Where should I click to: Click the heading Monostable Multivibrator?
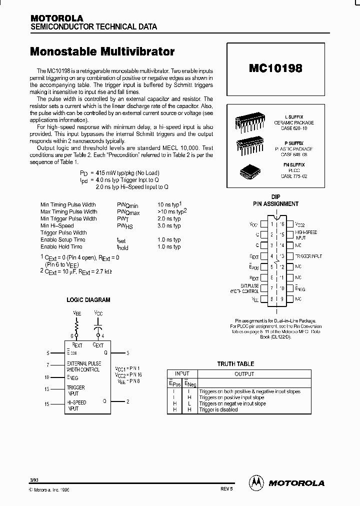pyautogui.click(x=102, y=51)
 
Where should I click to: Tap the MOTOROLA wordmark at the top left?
pyautogui.click(x=56, y=18)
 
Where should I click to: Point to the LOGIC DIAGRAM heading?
pyautogui.click(x=88, y=300)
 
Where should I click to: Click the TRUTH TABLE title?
pyautogui.click(x=235, y=364)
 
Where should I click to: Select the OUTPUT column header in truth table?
pyautogui.click(x=244, y=374)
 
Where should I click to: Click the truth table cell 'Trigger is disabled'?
pyautogui.click(x=218, y=409)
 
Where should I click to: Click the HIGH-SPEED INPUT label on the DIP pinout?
pyautogui.click(x=306, y=234)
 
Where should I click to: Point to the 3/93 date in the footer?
pyautogui.click(x=34, y=480)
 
